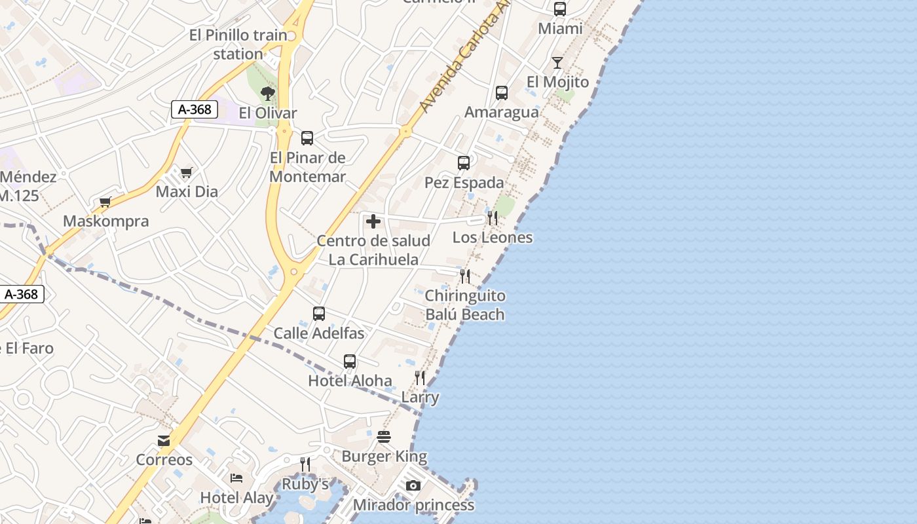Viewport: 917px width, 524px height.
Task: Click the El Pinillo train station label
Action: coord(238,45)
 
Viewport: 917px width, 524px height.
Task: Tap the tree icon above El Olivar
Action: coord(267,94)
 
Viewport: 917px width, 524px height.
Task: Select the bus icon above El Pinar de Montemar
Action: coord(307,138)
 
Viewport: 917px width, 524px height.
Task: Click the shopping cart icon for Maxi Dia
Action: coord(187,173)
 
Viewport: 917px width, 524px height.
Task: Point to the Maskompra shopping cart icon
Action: coord(105,202)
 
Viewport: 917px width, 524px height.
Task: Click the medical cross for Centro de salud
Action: coord(373,221)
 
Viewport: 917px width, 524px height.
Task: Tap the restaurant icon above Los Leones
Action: coord(492,218)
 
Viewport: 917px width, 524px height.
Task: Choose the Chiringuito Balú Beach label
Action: coord(465,305)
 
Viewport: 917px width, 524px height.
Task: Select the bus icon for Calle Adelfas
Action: coord(319,314)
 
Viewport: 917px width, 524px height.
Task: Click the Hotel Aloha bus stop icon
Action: coord(350,362)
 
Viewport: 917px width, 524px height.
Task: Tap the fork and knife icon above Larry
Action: coord(420,378)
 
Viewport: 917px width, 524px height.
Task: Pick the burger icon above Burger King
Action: coord(384,437)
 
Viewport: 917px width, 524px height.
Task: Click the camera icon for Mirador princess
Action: coord(413,485)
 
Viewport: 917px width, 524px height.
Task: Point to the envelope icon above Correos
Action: coord(164,441)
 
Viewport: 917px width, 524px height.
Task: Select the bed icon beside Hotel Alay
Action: coord(236,478)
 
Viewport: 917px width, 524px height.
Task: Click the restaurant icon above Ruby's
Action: coord(305,464)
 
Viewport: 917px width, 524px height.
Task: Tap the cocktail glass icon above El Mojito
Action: coord(557,63)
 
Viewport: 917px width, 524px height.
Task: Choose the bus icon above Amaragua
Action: coord(502,93)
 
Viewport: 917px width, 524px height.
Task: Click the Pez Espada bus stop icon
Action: coord(464,163)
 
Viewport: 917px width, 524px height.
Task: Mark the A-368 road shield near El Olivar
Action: coord(195,109)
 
